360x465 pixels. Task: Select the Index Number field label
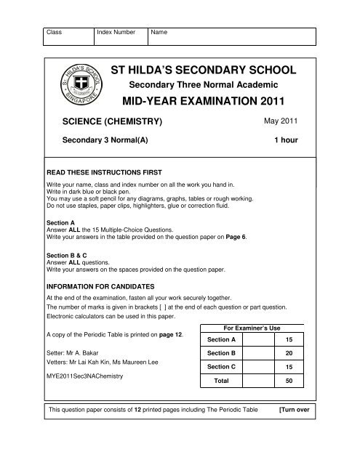(x=119, y=33)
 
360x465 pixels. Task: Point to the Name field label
(x=159, y=33)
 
